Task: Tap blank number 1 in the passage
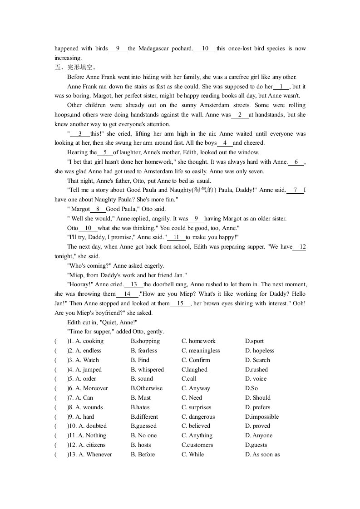click(x=281, y=87)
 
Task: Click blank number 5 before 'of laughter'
click(x=105, y=153)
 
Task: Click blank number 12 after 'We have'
click(x=300, y=247)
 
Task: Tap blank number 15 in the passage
click(x=181, y=304)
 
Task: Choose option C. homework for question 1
click(x=198, y=341)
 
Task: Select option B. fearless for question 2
click(x=144, y=351)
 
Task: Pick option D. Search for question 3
click(x=257, y=360)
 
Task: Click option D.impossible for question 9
click(x=262, y=417)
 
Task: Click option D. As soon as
click(x=262, y=455)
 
